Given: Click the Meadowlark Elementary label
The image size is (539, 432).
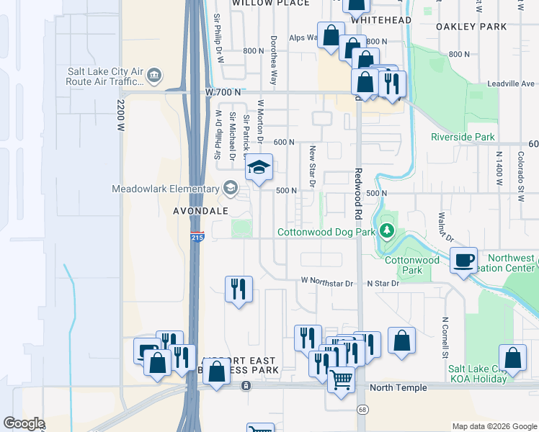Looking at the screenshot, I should coord(164,189).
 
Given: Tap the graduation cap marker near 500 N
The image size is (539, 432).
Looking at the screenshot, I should coord(259,169).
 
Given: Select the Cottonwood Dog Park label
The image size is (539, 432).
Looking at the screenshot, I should coord(326,232).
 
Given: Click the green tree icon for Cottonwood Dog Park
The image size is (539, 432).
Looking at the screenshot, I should coord(387,231).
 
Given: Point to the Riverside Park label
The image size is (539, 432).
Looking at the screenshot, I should coord(463,137).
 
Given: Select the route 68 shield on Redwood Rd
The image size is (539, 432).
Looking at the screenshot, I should coord(360,409).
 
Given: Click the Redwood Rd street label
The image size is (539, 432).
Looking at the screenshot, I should coord(357,195).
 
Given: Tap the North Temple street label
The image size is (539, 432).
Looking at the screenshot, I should coord(398,387).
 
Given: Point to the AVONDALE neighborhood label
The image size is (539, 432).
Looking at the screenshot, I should coord(201,211).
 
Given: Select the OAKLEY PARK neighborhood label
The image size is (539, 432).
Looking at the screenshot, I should coord(471,27).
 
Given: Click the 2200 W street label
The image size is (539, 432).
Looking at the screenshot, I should coord(120,114).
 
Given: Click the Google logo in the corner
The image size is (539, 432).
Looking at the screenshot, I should coord(24,423).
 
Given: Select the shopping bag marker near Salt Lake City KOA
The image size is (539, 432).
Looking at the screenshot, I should coord(512,358).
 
